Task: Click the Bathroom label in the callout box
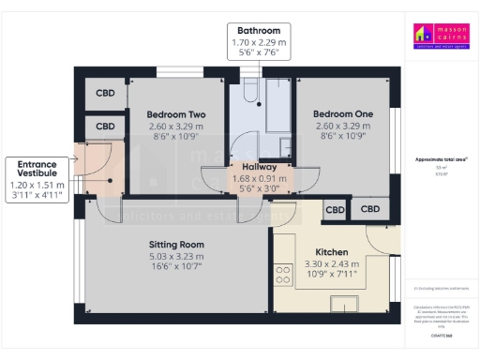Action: click(258, 31)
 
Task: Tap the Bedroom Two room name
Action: click(176, 115)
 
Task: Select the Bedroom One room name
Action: click(345, 114)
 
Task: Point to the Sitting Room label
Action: click(176, 245)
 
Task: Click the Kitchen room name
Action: click(332, 253)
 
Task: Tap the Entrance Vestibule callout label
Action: click(37, 170)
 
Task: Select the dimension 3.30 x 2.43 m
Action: click(332, 263)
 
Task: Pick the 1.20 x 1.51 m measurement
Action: click(37, 186)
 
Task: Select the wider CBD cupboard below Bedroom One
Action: click(370, 209)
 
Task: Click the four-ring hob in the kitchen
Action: click(283, 274)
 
